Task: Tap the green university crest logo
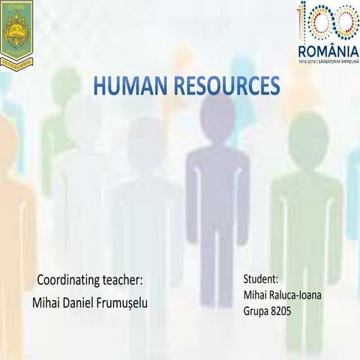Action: click(16, 31)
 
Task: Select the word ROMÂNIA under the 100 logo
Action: click(328, 50)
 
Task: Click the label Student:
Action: click(262, 278)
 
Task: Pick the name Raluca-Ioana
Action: click(295, 294)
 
